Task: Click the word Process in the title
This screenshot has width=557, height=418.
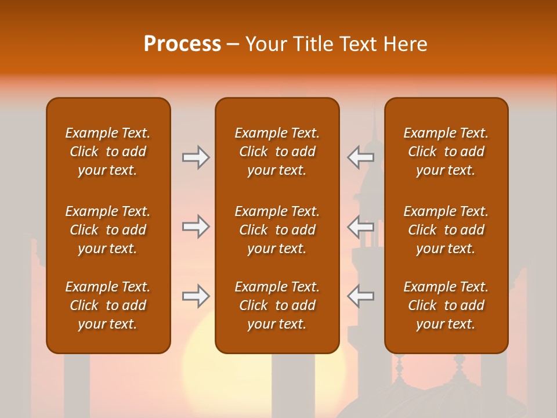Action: (182, 44)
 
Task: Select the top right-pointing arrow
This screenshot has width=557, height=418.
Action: (196, 157)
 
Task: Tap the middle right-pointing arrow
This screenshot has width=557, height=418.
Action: (196, 226)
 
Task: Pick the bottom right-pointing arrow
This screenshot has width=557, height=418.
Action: (196, 296)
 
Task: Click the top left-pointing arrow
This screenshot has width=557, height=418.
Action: (360, 157)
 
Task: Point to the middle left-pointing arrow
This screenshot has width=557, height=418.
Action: (360, 226)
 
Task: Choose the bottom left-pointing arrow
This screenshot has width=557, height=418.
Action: (360, 296)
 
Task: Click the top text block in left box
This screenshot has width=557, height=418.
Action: (108, 152)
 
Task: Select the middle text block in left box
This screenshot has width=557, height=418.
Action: (108, 230)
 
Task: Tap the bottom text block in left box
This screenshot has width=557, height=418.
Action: (108, 305)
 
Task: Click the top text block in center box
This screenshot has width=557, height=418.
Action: (277, 152)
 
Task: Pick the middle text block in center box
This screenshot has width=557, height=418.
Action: (277, 230)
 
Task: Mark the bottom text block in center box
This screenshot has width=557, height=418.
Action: (277, 305)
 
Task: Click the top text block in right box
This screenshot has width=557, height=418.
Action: (446, 152)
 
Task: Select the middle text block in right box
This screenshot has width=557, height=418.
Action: (446, 230)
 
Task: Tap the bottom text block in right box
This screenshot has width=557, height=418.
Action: (446, 305)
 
